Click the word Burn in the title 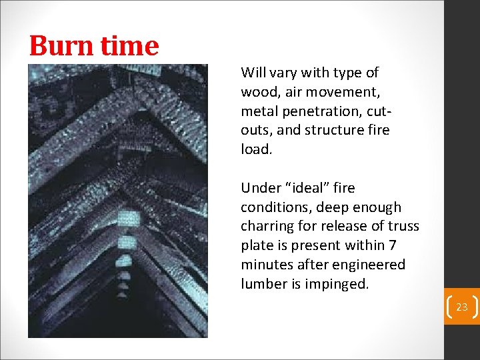[x=61, y=45]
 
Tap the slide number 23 [x=462, y=307]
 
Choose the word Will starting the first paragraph [x=253, y=72]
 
